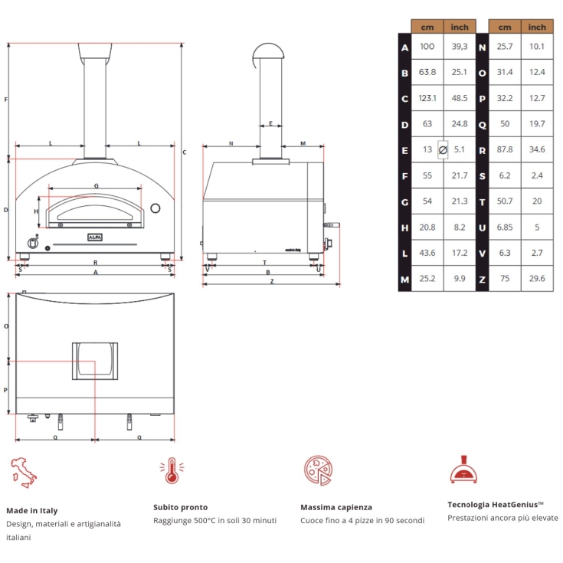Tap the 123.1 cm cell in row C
(427, 98)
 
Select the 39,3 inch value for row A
(460, 47)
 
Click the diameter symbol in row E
(443, 150)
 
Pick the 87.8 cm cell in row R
(504, 150)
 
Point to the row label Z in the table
(482, 280)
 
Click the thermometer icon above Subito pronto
(171, 470)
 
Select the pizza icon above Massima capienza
(317, 470)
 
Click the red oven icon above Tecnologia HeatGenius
(463, 470)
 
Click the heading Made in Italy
(31, 510)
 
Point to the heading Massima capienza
(336, 507)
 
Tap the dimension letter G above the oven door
(96, 186)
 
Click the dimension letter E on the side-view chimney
(270, 123)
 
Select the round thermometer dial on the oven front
(155, 208)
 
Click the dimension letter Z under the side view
(271, 281)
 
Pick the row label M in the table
(404, 280)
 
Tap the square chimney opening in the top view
(96, 361)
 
